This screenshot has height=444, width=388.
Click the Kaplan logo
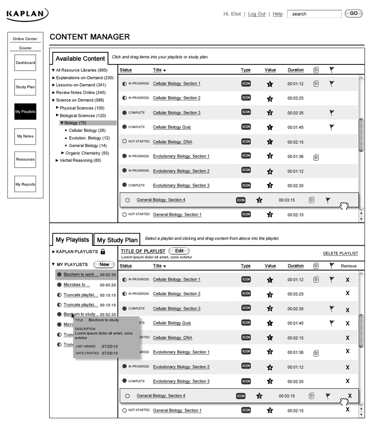(x=27, y=14)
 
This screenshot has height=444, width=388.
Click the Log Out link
(x=257, y=14)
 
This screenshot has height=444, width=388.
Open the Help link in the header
(x=278, y=14)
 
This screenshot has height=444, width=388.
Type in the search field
(x=314, y=14)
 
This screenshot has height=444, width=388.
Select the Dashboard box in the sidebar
(x=25, y=63)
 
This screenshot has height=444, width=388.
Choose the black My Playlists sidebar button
(x=25, y=112)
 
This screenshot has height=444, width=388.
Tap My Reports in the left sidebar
(x=25, y=184)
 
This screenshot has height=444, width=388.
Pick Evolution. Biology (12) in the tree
(x=89, y=138)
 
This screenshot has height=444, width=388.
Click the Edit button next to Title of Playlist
(x=179, y=251)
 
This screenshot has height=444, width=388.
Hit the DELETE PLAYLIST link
(x=340, y=253)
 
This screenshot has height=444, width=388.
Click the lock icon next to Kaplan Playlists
(x=103, y=252)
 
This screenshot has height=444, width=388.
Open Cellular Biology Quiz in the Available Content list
(x=172, y=127)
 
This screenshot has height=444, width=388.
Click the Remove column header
(x=348, y=266)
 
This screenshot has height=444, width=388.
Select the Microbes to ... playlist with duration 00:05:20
(x=77, y=285)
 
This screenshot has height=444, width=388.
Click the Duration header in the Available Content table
(x=295, y=70)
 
